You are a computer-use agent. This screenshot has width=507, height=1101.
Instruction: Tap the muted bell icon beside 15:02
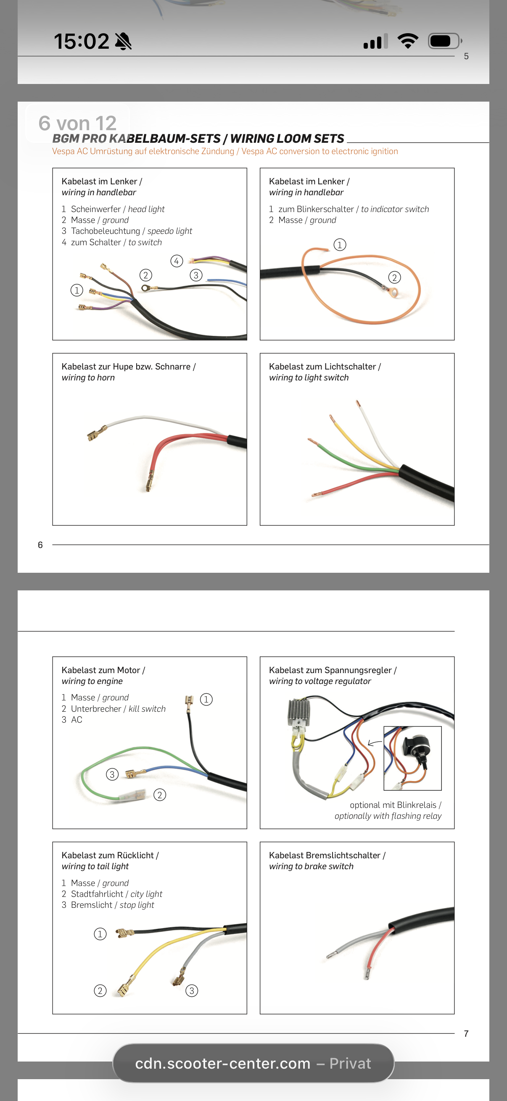(123, 42)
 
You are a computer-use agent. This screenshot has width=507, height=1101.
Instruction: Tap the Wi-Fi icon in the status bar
(408, 41)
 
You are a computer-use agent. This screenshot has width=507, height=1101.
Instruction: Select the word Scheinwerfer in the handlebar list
(96, 209)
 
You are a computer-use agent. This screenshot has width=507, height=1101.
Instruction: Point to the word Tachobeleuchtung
(105, 231)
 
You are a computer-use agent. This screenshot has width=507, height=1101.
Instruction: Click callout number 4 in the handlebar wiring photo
(177, 261)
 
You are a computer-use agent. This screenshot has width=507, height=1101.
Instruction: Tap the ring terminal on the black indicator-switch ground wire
(393, 293)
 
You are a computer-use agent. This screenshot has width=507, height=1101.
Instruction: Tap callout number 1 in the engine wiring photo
(206, 699)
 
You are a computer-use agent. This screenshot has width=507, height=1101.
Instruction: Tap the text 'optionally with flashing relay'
(388, 816)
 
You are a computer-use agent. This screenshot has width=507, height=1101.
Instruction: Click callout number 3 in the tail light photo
(192, 990)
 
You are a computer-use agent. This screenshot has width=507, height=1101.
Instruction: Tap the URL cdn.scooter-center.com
(222, 1063)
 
